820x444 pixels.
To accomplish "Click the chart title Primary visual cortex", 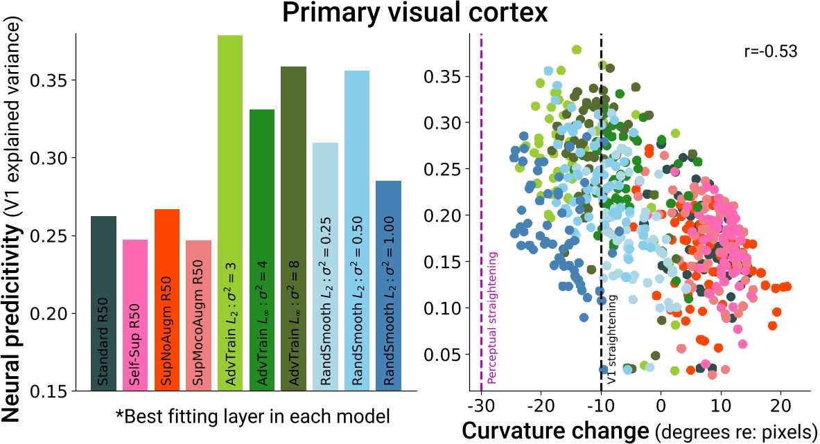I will pyautogui.click(x=410, y=14).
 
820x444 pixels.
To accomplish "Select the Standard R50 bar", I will pyautogui.click(x=103, y=305).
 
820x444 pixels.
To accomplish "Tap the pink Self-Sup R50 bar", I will pyautogui.click(x=135, y=316).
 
